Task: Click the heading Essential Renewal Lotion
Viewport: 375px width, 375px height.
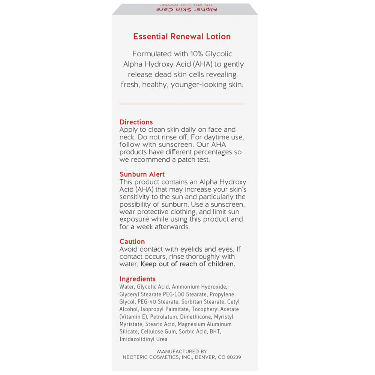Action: pos(182,36)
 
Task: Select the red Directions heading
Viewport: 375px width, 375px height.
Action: pos(136,122)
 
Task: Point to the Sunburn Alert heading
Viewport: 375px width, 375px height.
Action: pos(142,174)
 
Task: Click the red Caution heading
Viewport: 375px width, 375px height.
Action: pos(132,241)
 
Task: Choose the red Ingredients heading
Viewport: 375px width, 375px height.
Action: pos(137,279)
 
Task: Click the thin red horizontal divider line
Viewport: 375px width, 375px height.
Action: pos(182,103)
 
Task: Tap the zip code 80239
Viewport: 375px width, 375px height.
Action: pos(232,357)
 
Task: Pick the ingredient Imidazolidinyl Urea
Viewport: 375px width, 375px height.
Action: pos(143,339)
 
